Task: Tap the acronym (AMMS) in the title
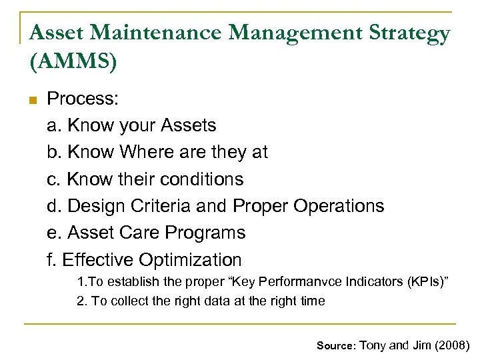click(73, 61)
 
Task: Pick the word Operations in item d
click(341, 206)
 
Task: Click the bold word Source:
click(337, 345)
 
